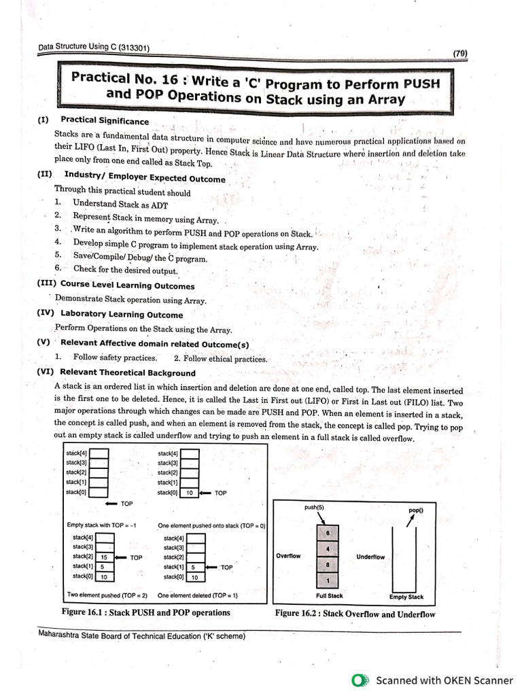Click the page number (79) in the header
(x=460, y=53)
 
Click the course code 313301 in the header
(x=134, y=48)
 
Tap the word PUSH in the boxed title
(x=421, y=84)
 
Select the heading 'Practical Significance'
(x=105, y=120)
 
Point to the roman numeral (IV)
(x=46, y=313)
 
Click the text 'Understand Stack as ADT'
(x=120, y=204)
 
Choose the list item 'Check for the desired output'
(x=125, y=269)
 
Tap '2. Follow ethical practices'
(x=221, y=359)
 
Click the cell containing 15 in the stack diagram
(x=104, y=557)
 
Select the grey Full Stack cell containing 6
(x=328, y=533)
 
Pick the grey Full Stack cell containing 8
(x=328, y=565)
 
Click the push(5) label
(x=314, y=507)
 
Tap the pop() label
(x=416, y=510)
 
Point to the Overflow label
(x=288, y=556)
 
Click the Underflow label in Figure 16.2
(x=370, y=557)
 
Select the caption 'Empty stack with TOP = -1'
(x=101, y=525)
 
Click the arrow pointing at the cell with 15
(x=121, y=557)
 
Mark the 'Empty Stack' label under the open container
(x=406, y=597)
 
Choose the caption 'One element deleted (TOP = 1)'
(x=198, y=595)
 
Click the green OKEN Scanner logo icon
(x=360, y=680)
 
